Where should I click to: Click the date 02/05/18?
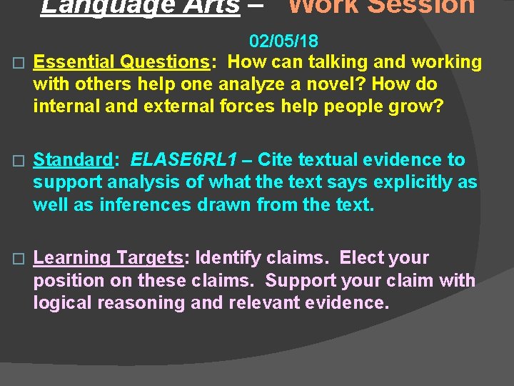284,40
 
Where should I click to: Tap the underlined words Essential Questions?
121,62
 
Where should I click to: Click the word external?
169,107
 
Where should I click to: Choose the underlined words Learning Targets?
109,258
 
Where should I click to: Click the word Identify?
229,258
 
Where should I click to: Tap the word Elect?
363,258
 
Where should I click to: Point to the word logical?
62,302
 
